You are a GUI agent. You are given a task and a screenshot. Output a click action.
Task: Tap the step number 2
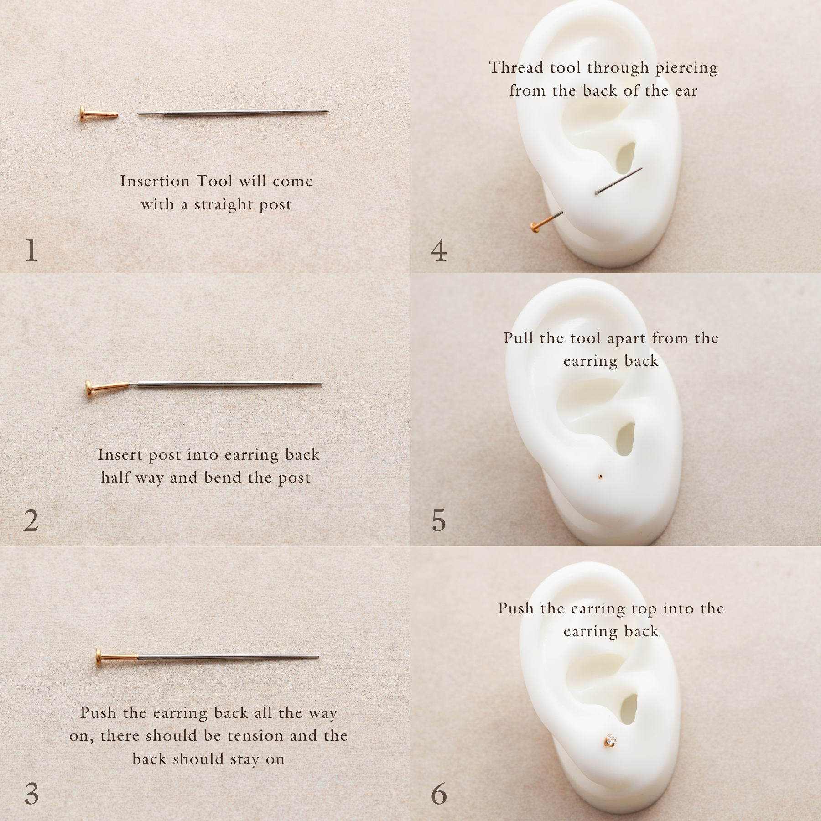click(31, 520)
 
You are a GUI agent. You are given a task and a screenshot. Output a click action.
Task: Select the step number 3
click(31, 794)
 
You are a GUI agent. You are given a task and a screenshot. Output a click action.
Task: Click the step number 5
click(439, 521)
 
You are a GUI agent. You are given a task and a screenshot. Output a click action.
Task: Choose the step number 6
click(439, 794)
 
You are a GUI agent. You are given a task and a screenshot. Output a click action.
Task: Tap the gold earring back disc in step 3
click(99, 657)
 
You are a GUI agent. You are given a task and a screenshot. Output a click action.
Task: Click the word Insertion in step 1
click(155, 181)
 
